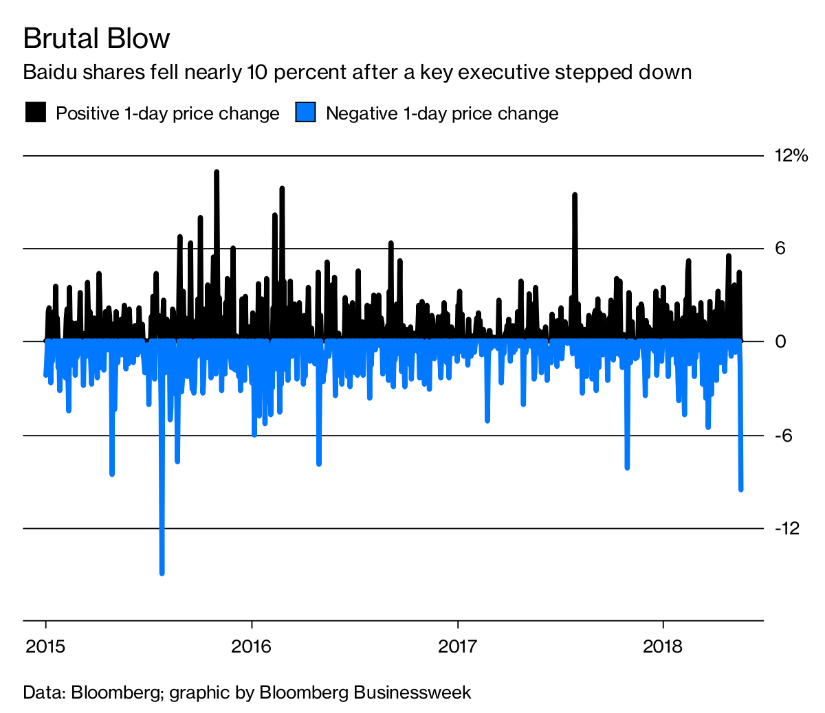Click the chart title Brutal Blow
pyautogui.click(x=96, y=38)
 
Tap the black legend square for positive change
pyautogui.click(x=35, y=113)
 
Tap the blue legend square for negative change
pyautogui.click(x=305, y=113)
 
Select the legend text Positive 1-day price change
pyautogui.click(x=167, y=113)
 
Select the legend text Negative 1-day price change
pyautogui.click(x=441, y=113)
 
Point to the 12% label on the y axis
pyautogui.click(x=791, y=156)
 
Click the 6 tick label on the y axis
pyautogui.click(x=780, y=249)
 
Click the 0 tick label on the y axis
pyautogui.click(x=780, y=341)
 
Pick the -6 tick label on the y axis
pyautogui.click(x=784, y=435)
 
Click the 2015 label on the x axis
pyautogui.click(x=45, y=646)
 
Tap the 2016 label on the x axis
pyautogui.click(x=252, y=646)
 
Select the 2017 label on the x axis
pyautogui.click(x=457, y=646)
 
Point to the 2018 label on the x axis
pyautogui.click(x=663, y=646)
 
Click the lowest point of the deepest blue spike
pyautogui.click(x=162, y=572)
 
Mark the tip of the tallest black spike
pyautogui.click(x=217, y=172)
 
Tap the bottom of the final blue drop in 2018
pyautogui.click(x=741, y=489)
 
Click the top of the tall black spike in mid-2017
pyautogui.click(x=575, y=195)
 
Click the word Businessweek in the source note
pyautogui.click(x=412, y=692)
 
